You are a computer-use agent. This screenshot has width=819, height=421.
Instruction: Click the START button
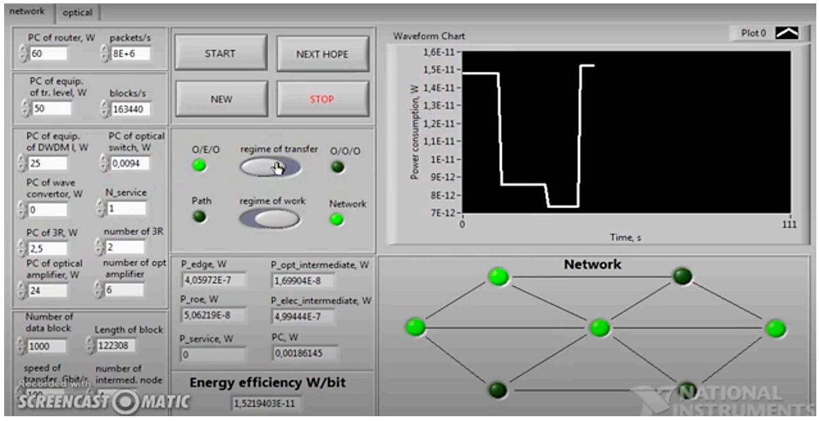click(x=220, y=54)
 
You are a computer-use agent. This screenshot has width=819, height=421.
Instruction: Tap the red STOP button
click(x=322, y=99)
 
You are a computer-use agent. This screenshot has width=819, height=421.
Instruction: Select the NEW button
click(x=220, y=99)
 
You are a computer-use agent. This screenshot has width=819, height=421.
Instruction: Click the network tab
click(x=27, y=12)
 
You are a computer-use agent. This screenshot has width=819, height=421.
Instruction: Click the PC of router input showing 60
click(x=47, y=53)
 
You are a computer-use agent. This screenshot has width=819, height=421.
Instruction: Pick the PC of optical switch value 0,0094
click(x=129, y=163)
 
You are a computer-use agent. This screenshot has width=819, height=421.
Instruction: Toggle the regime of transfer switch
click(x=270, y=166)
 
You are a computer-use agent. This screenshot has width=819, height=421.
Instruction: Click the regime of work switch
click(x=270, y=218)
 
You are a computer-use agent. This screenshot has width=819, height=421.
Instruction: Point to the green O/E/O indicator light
click(x=199, y=166)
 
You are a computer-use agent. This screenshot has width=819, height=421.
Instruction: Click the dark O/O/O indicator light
click(x=337, y=166)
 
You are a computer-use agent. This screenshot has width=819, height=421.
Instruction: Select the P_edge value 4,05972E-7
click(x=212, y=280)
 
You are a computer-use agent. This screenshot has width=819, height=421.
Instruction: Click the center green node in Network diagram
click(x=599, y=328)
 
